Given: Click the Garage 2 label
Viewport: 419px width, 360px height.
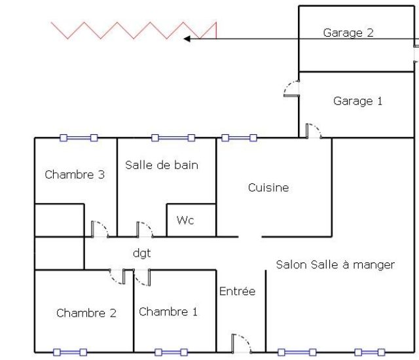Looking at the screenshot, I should tap(348, 33).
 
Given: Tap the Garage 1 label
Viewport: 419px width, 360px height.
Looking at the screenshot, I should tap(357, 101).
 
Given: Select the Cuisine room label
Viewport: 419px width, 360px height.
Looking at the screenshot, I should tap(268, 188).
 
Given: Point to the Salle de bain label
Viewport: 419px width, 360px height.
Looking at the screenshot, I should tap(162, 165).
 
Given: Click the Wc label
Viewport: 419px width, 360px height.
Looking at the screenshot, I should tap(185, 221).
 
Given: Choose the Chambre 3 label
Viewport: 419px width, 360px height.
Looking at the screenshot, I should tap(75, 175).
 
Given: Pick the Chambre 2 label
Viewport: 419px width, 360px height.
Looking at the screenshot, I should tap(86, 313).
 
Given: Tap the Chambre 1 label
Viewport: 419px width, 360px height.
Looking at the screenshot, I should tap(168, 312).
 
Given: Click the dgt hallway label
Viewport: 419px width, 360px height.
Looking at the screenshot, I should tap(142, 253).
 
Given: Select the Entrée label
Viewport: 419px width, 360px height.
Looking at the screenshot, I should tap(237, 291).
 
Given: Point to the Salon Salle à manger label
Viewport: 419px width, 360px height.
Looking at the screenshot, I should tap(335, 265).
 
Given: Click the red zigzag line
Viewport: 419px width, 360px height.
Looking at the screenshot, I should tap(134, 30).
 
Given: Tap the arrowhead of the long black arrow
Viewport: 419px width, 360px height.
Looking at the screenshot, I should tap(187, 39).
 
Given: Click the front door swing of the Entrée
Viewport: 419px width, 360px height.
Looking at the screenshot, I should tap(241, 343).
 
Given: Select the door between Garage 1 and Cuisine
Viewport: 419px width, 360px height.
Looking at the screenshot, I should tap(313, 130).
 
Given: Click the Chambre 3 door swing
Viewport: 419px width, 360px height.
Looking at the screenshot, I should tap(100, 228).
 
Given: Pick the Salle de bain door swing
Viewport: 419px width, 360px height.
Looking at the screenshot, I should tap(145, 229).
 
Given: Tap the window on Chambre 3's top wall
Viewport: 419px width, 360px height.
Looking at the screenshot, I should tap(79, 138).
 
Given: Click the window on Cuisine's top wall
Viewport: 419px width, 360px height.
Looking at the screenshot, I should tap(239, 138).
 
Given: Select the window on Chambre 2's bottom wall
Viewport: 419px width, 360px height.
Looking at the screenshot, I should tap(69, 352).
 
